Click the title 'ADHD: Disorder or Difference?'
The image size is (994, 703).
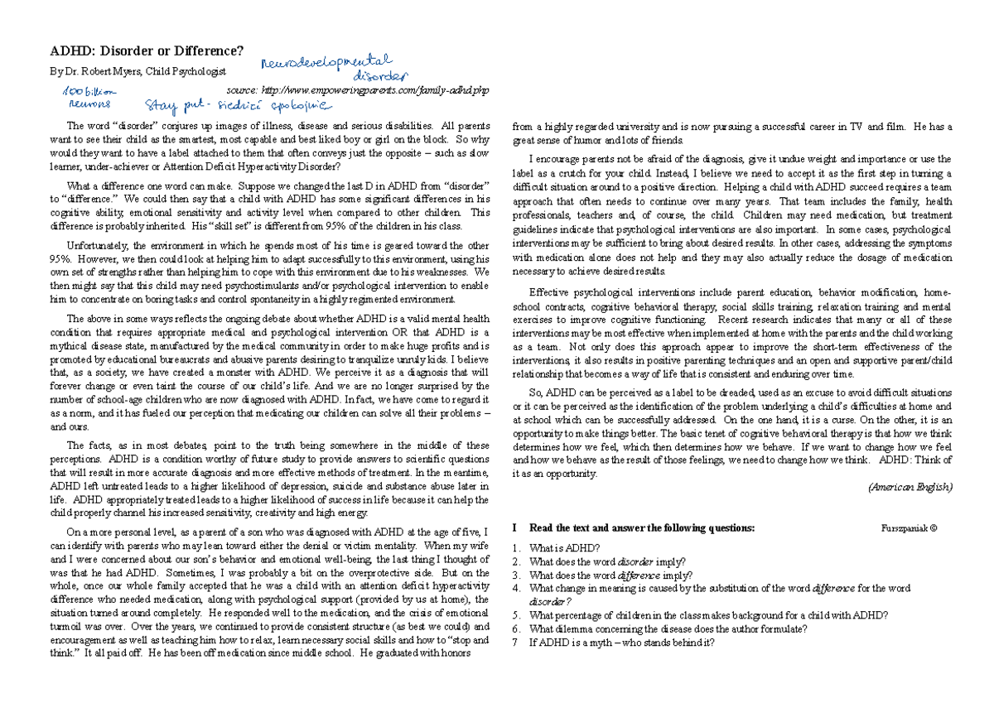tap(147, 51)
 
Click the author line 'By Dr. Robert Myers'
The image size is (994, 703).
tap(138, 72)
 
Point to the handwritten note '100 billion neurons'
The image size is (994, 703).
tap(89, 98)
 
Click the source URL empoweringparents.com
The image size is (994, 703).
tap(363, 89)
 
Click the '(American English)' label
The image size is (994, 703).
tap(910, 487)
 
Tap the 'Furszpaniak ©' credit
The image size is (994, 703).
tap(910, 527)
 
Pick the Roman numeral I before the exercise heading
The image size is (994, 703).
tap(515, 527)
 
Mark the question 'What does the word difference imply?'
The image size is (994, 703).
tap(611, 575)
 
